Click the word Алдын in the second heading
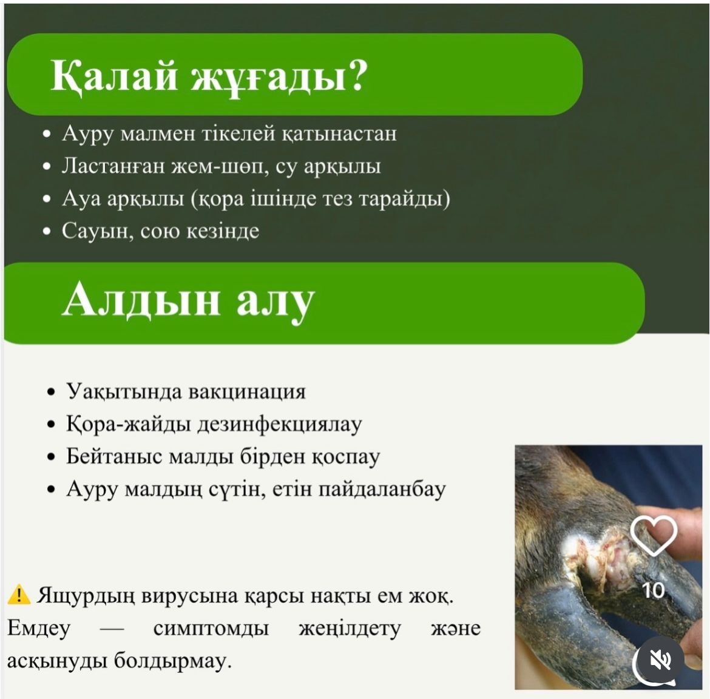click(141, 300)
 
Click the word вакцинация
click(247, 392)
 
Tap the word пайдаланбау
click(382, 490)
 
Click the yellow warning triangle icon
click(19, 595)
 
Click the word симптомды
click(211, 629)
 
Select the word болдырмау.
click(172, 661)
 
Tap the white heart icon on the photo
click(654, 536)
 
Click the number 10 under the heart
click(654, 590)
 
